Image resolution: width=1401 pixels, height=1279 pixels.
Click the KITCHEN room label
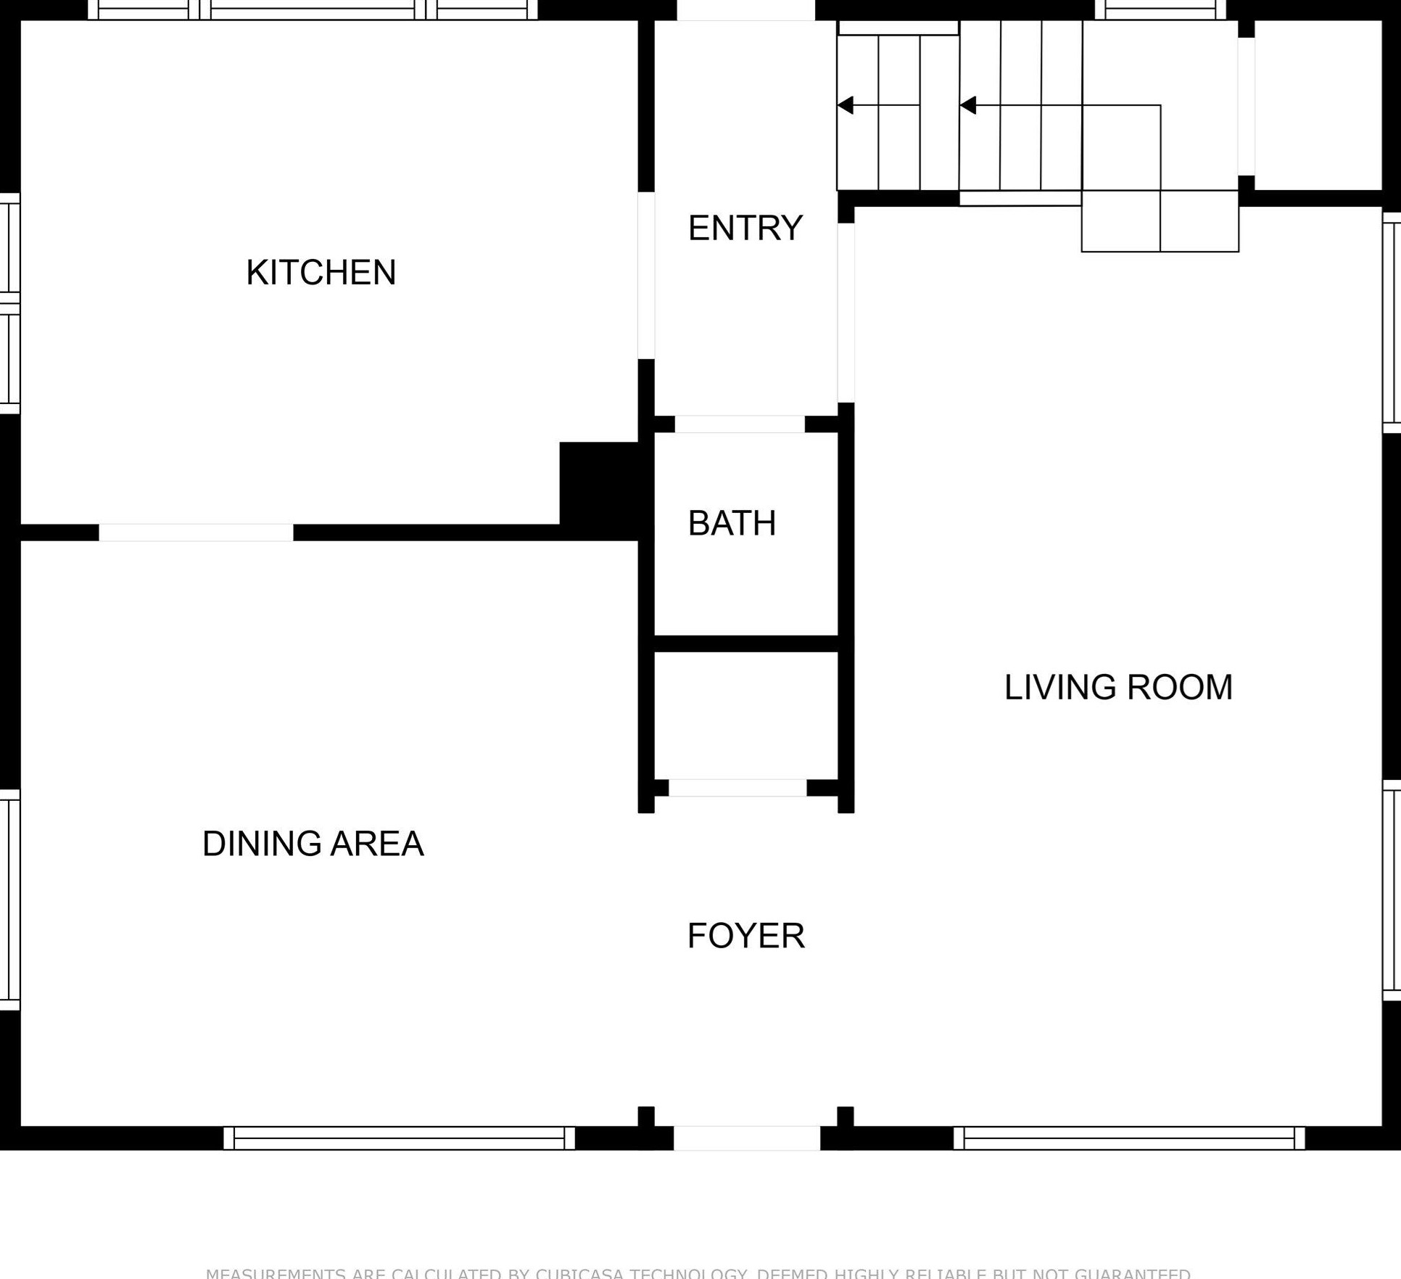pos(321,273)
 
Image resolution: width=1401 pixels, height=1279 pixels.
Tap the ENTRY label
pos(745,228)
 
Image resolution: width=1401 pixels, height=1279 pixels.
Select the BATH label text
pos(731,523)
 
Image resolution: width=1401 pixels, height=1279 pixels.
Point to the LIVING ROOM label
pos(1117,687)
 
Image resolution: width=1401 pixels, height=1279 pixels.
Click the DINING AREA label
pos(313,843)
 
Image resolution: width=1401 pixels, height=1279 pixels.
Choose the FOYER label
pos(745,935)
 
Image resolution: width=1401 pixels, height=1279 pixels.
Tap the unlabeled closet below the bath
pos(745,715)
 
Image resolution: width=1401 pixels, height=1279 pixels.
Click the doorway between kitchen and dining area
pos(196,532)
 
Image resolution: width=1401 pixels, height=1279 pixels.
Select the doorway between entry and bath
pos(740,424)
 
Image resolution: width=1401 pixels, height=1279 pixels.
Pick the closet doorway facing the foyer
pos(737,788)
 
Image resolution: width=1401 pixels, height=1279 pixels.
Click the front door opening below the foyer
pos(746,1138)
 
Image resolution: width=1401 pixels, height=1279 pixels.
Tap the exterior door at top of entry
pos(745,10)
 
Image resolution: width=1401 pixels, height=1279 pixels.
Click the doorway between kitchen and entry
pos(646,275)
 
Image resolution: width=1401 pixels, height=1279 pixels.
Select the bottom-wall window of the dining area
pos(399,1138)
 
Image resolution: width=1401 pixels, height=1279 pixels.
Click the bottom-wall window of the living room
pos(1128,1138)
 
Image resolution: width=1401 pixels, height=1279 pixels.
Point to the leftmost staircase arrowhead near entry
pos(845,105)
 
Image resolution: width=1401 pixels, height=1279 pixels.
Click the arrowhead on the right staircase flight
pos(967,106)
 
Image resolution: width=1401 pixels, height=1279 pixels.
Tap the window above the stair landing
pos(1160,10)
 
